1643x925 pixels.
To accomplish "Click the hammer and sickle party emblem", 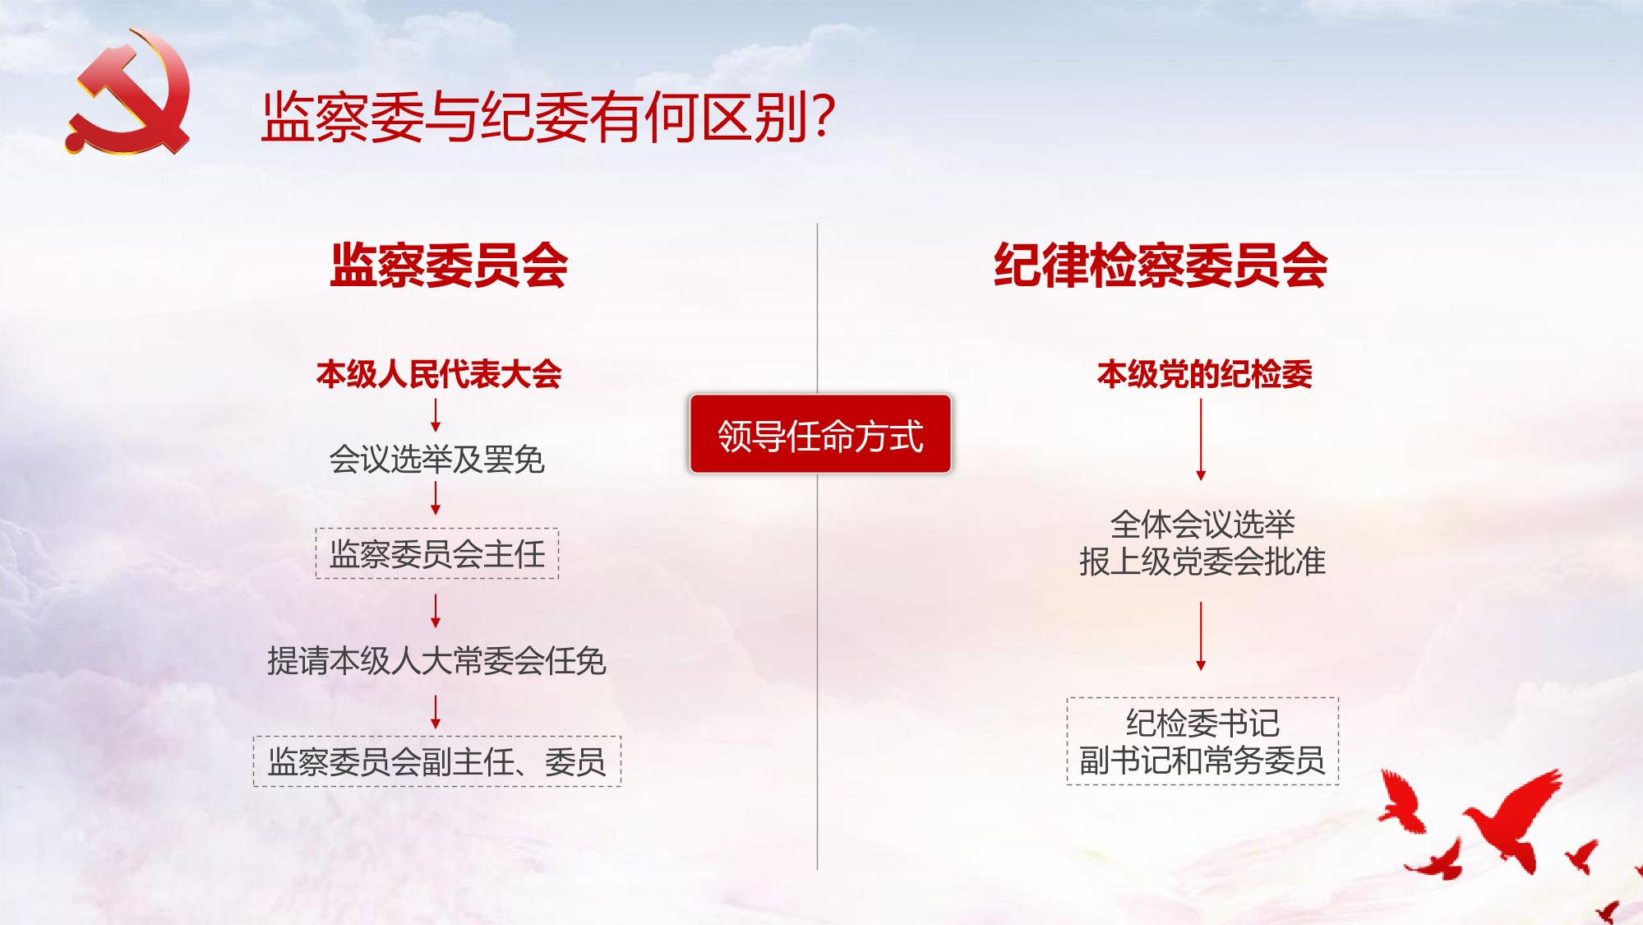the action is pos(127,92).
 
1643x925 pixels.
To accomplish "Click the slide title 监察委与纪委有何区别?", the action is pos(548,118).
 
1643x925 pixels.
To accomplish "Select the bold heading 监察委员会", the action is pos(449,265).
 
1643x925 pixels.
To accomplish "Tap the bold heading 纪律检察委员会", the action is pos(1161,265).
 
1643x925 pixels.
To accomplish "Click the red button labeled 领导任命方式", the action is pos(820,434).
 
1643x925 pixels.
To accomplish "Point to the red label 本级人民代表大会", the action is pos(439,374).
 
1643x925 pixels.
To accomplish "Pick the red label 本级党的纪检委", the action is pos(1204,374).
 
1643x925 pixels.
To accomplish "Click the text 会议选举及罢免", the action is pos(436,459).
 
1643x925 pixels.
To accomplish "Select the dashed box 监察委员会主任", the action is pos(436,553).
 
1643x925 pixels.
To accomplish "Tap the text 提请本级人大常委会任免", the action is pos(436,660).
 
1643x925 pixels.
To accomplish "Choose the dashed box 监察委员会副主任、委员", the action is pos(436,761).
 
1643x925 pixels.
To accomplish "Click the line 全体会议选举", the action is pos(1202,524).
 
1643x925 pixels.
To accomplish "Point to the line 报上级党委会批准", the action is pos(1202,562).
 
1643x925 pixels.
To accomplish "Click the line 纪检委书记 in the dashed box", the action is pos(1202,723).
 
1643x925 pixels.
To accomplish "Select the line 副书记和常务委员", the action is pos(1202,761).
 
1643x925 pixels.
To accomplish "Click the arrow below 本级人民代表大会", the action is pos(436,415).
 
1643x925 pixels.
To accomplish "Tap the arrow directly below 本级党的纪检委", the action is pos(1201,439).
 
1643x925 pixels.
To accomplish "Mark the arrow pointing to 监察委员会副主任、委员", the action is pos(436,712).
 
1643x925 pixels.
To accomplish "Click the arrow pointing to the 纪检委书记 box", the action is pos(1201,636).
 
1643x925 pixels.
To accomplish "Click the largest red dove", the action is pos(1512,818).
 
